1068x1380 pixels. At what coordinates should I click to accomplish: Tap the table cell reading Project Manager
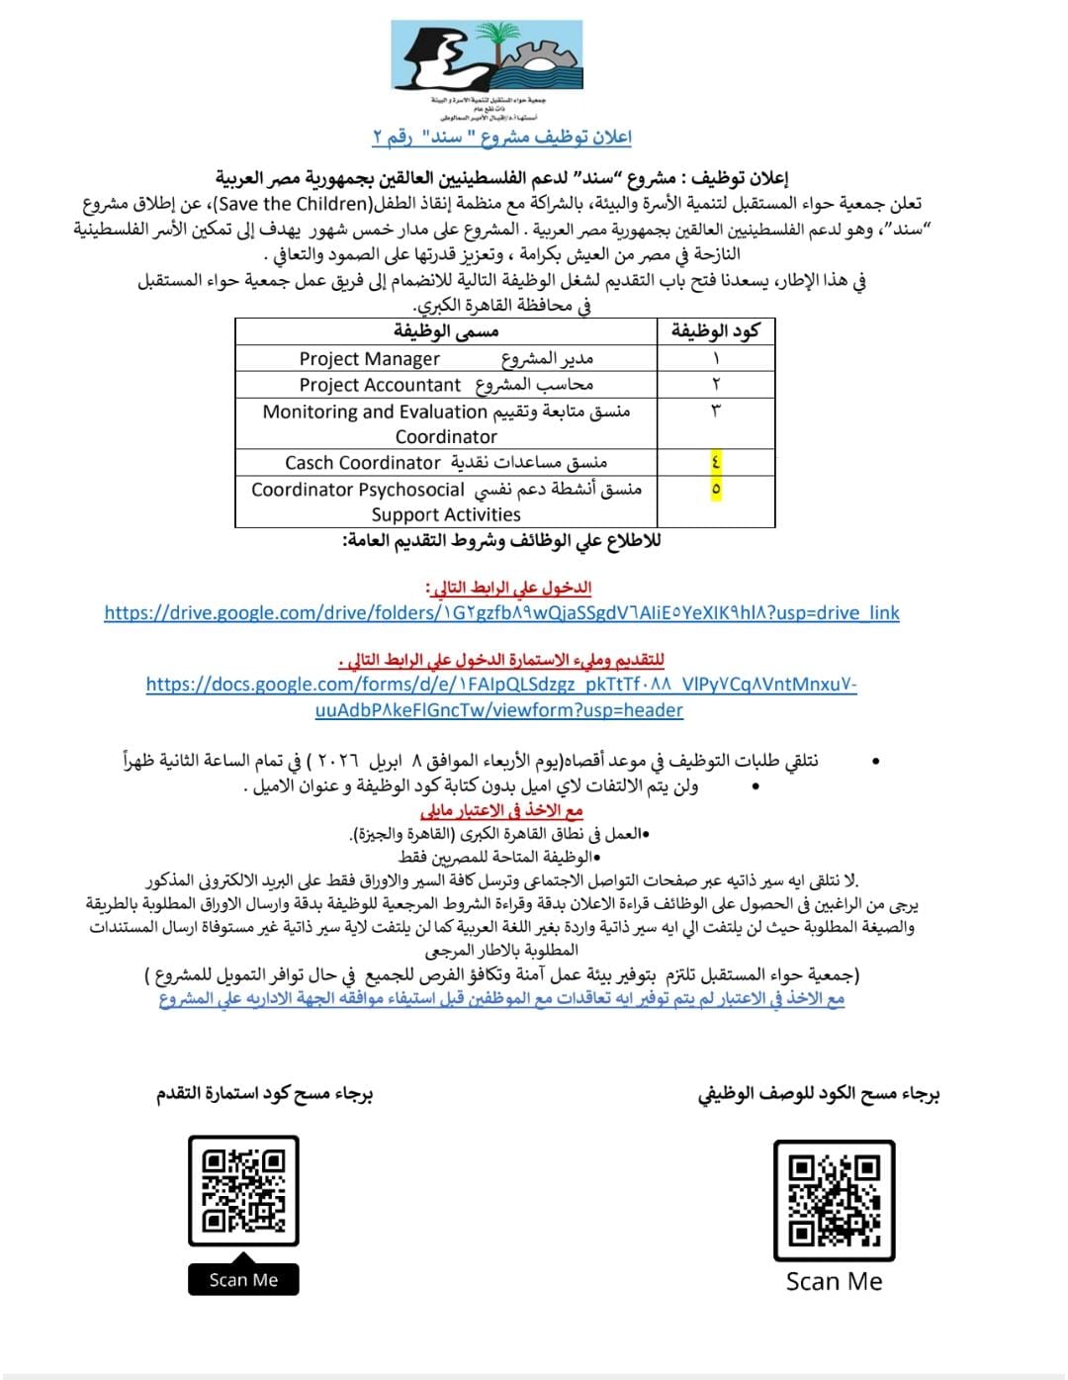446,358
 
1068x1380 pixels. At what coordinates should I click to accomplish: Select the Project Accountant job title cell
446,384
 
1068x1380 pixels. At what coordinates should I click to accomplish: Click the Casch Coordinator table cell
446,462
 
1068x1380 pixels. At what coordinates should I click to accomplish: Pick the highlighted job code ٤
716,462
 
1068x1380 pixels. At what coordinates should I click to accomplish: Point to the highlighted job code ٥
716,489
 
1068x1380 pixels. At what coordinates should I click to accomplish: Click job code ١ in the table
716,358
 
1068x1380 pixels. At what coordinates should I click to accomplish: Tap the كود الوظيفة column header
716,331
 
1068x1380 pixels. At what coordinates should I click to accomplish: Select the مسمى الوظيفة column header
446,331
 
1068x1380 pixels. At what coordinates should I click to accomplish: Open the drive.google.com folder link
501,612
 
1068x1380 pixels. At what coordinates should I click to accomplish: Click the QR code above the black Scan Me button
243,1191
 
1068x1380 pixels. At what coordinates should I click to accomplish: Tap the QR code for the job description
834,1199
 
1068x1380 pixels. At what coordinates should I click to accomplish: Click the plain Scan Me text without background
834,1282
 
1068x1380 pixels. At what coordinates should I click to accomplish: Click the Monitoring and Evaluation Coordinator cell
446,423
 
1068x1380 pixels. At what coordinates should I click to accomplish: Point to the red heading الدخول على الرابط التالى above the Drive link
508,588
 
